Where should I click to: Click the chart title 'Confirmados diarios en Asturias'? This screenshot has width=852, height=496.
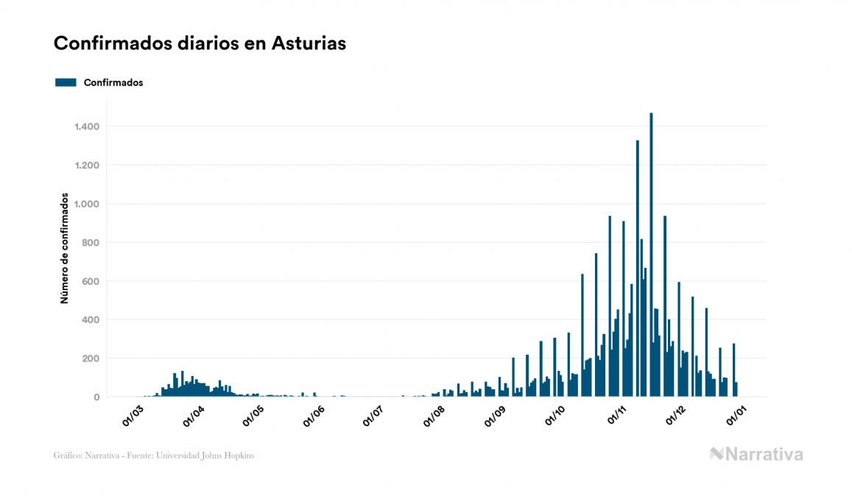200,43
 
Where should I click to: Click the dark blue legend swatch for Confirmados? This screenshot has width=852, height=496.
66,82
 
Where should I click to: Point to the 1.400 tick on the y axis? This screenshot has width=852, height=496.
87,127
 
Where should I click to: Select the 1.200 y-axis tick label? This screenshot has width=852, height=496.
87,165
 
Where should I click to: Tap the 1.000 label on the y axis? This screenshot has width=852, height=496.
87,204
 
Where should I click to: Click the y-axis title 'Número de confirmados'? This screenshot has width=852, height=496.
65,249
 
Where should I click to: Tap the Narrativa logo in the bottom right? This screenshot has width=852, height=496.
756,454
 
